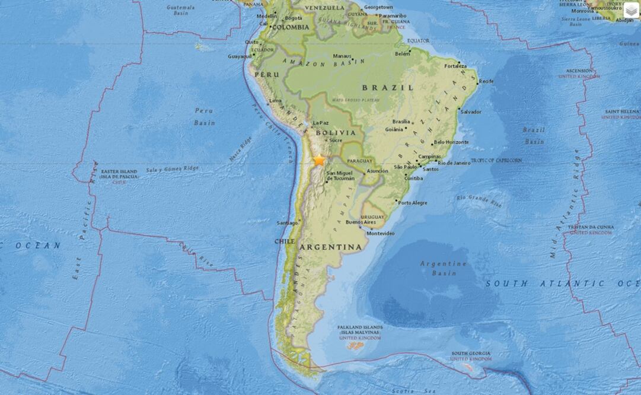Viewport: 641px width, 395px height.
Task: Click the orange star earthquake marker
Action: pyautogui.click(x=320, y=160)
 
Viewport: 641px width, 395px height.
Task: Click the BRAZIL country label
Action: pyautogui.click(x=388, y=87)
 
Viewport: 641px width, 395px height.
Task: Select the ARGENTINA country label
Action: pyautogui.click(x=330, y=246)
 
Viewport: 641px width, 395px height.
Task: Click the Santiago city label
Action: pyautogui.click(x=287, y=223)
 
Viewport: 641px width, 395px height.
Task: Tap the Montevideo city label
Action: pyautogui.click(x=381, y=233)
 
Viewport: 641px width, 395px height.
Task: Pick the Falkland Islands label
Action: pyautogui.click(x=360, y=330)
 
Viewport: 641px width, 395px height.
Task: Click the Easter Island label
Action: pyautogui.click(x=119, y=174)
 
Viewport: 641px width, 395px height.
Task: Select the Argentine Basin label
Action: pyautogui.click(x=444, y=268)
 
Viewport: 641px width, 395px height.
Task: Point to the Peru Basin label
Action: pyautogui.click(x=204, y=116)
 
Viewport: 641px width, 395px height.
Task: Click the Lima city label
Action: pyautogui.click(x=276, y=101)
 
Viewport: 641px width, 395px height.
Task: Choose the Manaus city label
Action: pyautogui.click(x=342, y=56)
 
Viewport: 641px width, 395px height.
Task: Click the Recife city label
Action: pyautogui.click(x=486, y=81)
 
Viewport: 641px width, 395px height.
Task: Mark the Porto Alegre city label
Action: pyautogui.click(x=413, y=203)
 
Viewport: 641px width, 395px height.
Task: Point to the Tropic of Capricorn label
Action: pyautogui.click(x=497, y=160)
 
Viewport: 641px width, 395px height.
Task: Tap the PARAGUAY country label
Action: pyautogui.click(x=359, y=161)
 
